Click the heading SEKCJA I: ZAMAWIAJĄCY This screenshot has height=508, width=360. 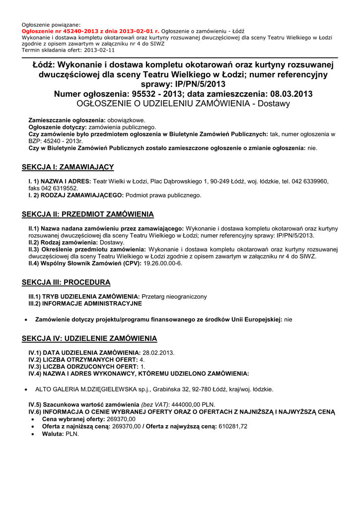pos(68,167)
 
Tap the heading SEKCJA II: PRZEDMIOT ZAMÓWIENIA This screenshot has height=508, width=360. pos(88,214)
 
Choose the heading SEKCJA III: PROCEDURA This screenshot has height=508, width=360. pos(67,282)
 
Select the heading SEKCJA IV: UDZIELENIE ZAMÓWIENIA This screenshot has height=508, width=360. pos(89,338)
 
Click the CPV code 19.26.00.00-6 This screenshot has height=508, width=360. pos(163,263)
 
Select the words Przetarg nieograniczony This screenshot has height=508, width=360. pos(174,296)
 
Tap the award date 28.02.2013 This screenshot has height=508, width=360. pos(158,352)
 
